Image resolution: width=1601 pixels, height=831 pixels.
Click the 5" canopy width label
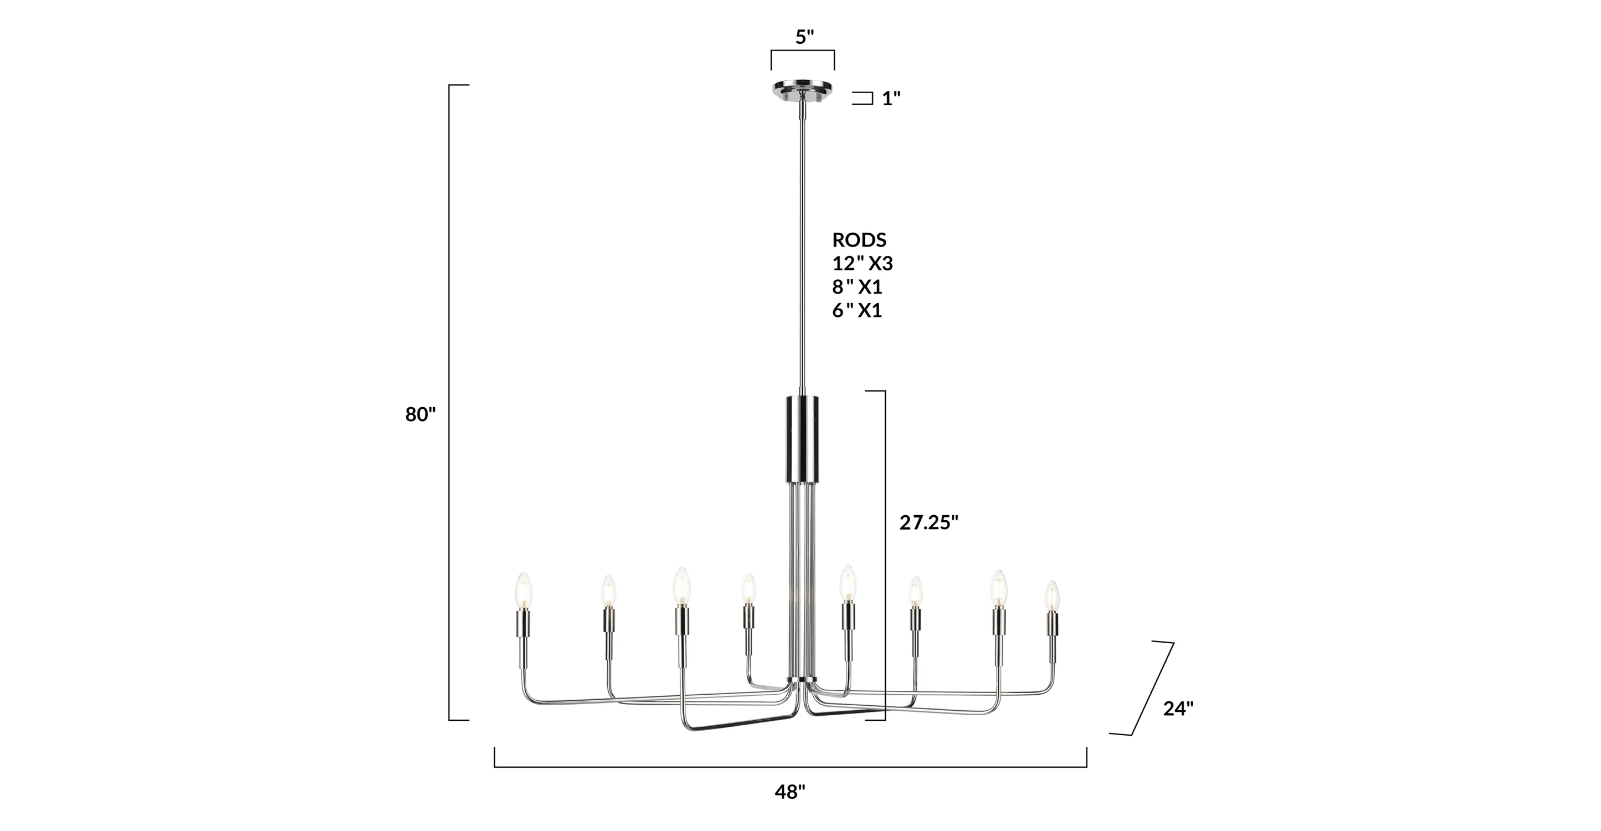(x=805, y=37)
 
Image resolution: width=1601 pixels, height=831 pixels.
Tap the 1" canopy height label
(x=891, y=98)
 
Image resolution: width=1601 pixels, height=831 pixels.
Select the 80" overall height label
(x=421, y=414)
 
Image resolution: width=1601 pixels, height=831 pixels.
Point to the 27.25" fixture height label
(x=929, y=523)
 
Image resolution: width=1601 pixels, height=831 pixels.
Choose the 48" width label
(x=790, y=792)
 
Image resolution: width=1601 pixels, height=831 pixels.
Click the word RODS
(x=859, y=240)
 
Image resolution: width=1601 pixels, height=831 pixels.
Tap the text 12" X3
(x=862, y=264)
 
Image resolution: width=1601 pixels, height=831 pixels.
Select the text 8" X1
(x=857, y=287)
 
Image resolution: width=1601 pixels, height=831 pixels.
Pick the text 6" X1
(x=857, y=310)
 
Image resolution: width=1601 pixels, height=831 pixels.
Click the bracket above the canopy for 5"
(x=802, y=51)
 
